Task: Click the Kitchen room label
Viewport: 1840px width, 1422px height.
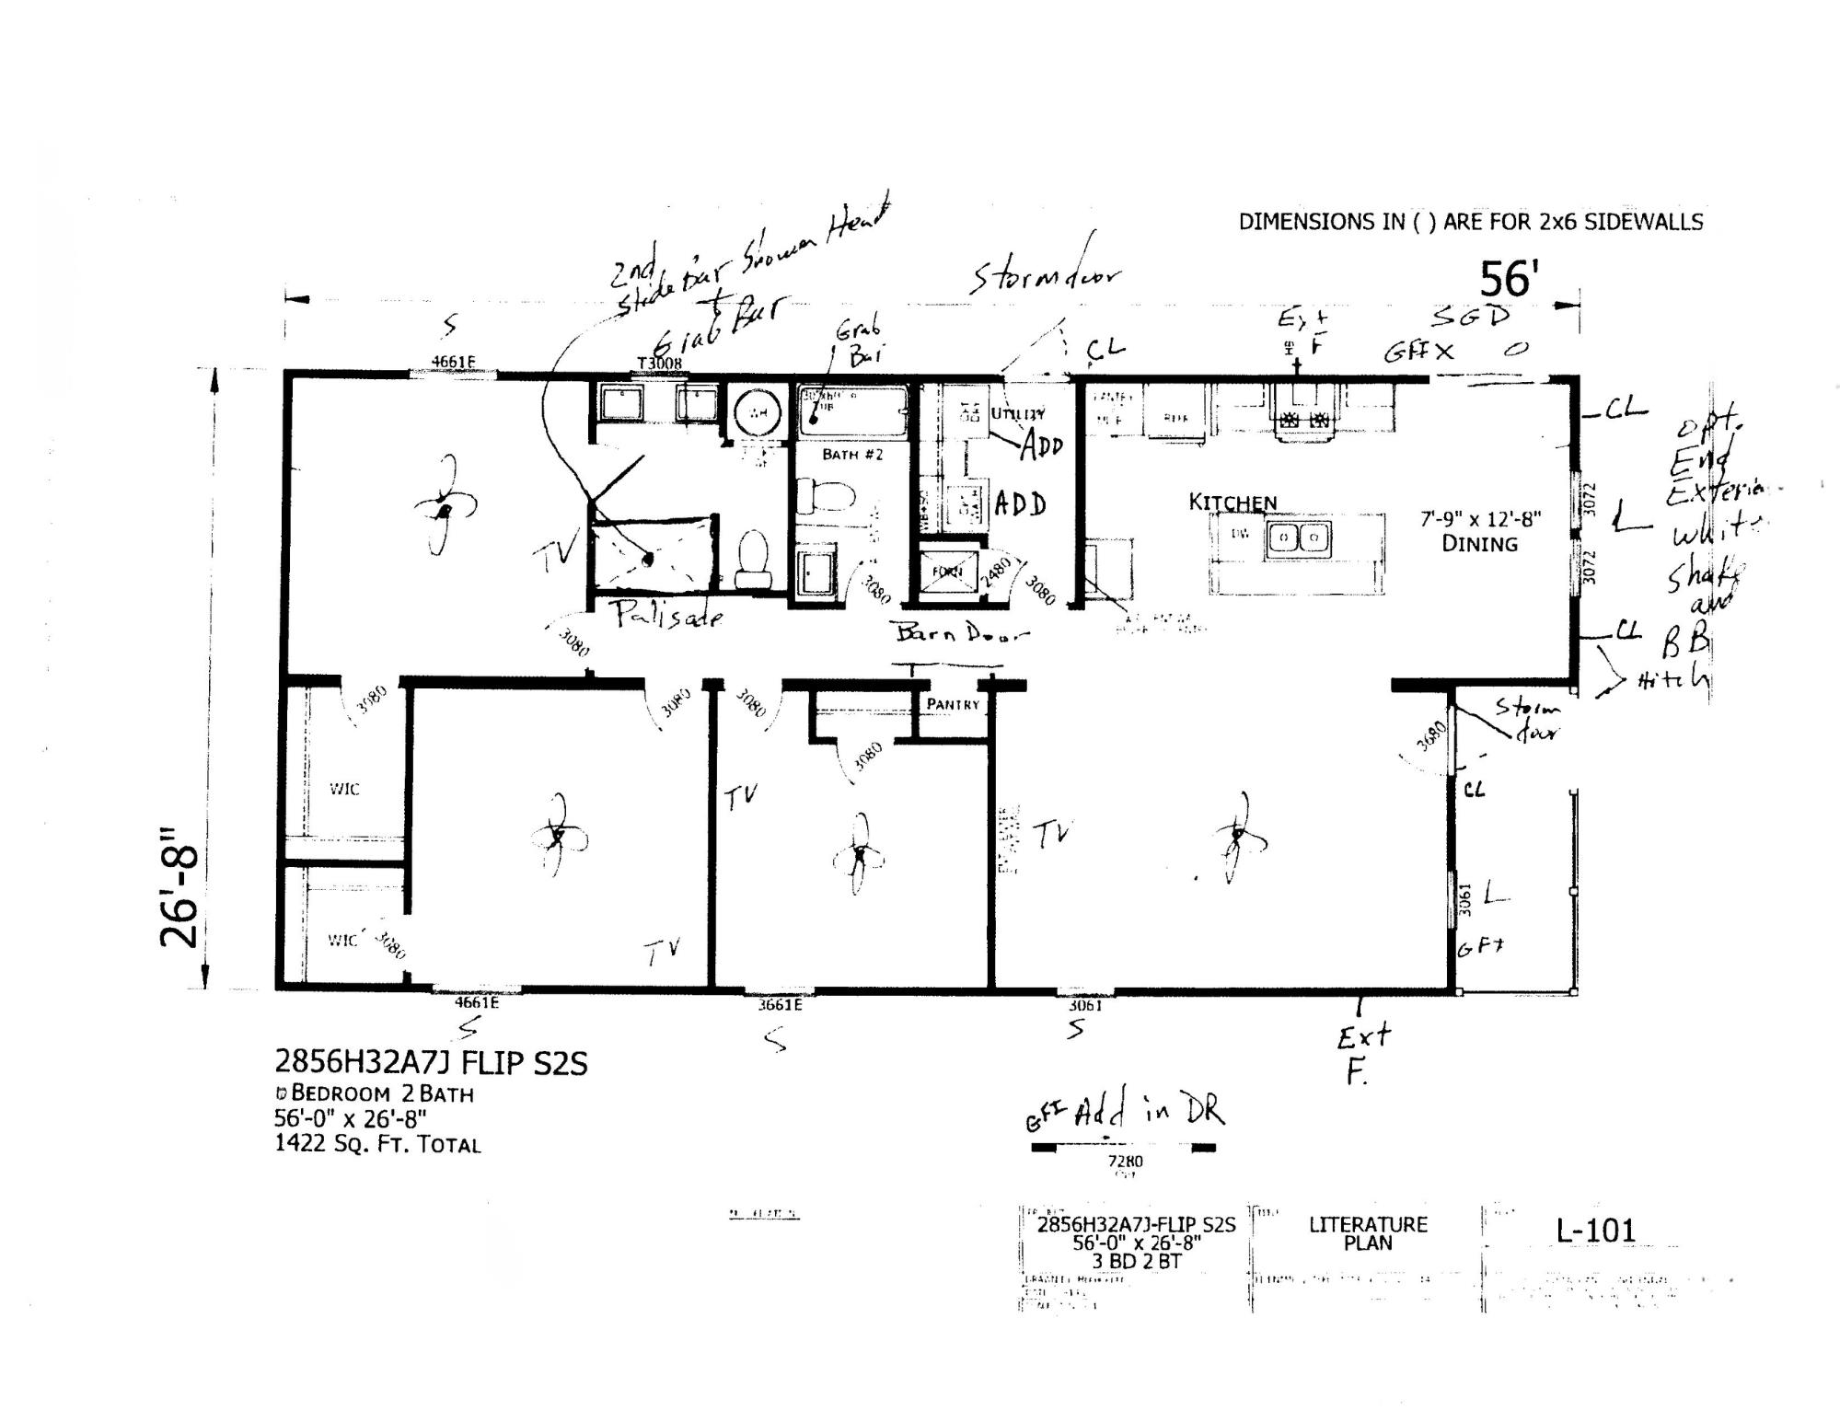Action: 1232,503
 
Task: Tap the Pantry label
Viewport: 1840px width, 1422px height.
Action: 953,704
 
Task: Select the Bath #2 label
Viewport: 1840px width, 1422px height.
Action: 852,454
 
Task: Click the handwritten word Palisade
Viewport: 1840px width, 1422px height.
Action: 669,614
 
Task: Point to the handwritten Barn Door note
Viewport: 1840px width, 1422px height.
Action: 962,633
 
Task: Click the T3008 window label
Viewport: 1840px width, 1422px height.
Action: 660,363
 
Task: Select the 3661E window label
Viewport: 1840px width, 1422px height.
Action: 780,1005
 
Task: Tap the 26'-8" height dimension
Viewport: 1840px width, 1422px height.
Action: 179,885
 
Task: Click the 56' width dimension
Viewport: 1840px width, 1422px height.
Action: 1509,279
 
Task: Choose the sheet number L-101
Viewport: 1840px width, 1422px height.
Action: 1595,1231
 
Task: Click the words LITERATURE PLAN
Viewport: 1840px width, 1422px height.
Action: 1368,1233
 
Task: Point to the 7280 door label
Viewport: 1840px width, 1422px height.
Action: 1125,1162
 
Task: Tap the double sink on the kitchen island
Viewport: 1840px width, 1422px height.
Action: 1298,537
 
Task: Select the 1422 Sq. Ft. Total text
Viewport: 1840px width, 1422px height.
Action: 377,1145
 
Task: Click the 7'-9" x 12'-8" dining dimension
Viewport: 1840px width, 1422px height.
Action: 1480,520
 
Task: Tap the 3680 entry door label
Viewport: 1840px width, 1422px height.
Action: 1432,735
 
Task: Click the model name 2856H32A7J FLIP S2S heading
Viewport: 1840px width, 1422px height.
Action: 431,1063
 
